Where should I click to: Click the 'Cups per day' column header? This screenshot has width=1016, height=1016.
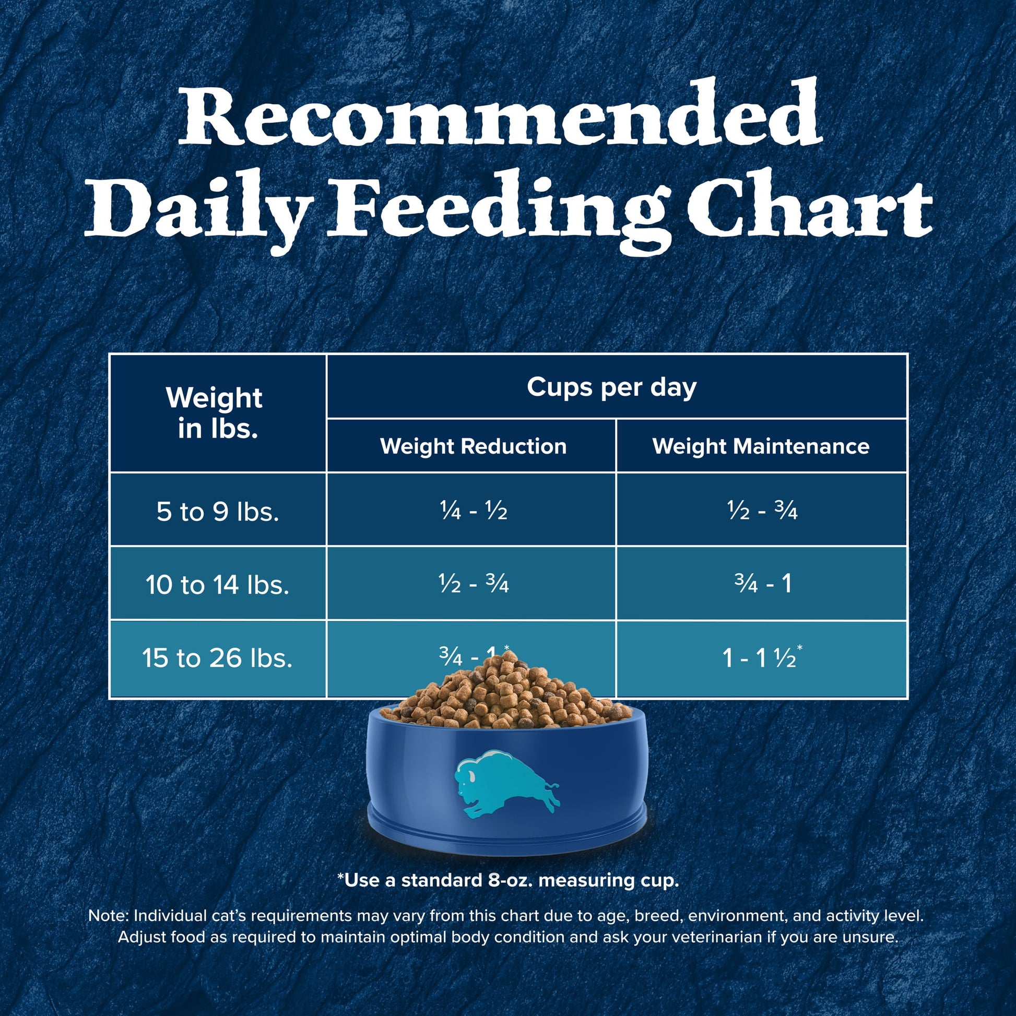pos(611,387)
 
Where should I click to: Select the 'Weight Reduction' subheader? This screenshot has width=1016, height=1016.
pos(473,446)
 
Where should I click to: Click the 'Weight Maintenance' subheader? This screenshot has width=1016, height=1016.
pos(761,446)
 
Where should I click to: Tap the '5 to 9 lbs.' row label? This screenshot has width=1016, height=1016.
pos(217,511)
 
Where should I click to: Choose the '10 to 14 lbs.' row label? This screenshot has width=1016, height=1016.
pos(217,585)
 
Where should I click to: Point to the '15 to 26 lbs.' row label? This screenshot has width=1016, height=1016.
pos(217,658)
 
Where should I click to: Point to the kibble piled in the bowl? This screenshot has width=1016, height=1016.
pos(505,694)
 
